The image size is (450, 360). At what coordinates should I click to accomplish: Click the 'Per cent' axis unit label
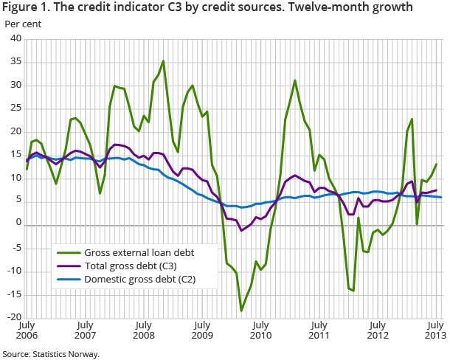coord(24,24)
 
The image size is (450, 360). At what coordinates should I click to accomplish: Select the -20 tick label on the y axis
coord(15,317)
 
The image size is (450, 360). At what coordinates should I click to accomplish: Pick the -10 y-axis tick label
coord(15,271)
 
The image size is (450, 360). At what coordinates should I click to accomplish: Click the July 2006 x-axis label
coord(27,330)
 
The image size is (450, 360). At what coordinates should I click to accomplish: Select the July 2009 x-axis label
coord(201,330)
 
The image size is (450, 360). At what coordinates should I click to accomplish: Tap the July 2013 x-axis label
coord(436,330)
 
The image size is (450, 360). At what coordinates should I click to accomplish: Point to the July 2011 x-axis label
coord(319,330)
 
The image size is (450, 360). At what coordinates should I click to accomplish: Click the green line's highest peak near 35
coord(163,61)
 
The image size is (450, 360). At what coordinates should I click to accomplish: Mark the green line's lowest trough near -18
coord(241,311)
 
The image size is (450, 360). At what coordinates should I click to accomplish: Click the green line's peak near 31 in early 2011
coord(295,80)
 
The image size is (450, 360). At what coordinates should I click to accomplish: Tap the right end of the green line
coord(436,165)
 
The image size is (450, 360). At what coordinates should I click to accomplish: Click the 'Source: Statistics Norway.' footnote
coord(50,353)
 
